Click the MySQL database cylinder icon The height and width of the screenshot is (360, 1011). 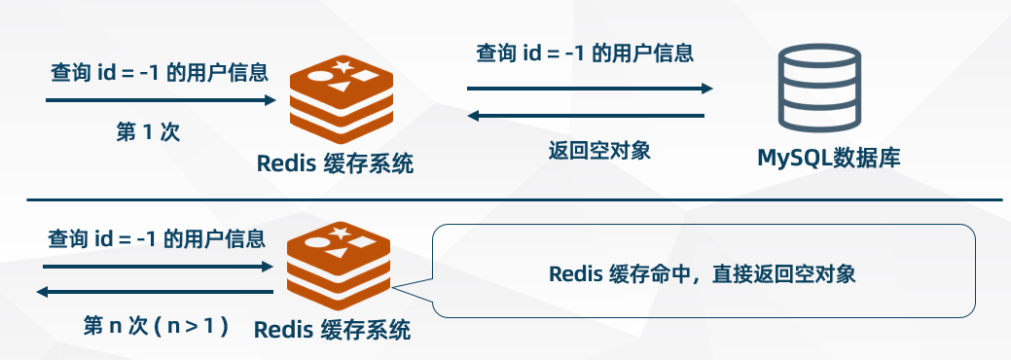click(x=823, y=90)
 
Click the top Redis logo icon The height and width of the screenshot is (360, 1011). click(x=340, y=101)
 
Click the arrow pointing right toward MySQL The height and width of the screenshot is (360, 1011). click(x=590, y=89)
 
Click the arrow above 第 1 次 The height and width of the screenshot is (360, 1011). click(x=161, y=99)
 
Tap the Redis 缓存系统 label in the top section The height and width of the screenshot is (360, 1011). click(x=335, y=163)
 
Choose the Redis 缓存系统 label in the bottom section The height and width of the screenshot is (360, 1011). click(x=332, y=330)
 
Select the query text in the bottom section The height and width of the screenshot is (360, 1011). click(x=156, y=238)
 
